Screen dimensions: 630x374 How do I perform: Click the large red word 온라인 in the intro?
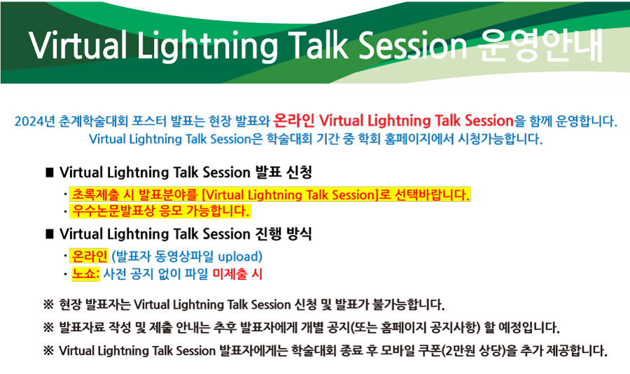coord(294,120)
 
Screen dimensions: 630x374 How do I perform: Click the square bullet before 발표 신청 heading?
coord(50,172)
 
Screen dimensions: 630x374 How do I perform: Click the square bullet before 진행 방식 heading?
coord(50,234)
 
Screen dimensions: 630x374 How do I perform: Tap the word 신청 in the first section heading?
coord(299,172)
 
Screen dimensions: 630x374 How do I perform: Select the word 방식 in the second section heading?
coord(299,234)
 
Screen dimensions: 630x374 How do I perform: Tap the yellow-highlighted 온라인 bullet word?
coord(89,256)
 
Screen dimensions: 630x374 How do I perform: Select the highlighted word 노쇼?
coord(85,274)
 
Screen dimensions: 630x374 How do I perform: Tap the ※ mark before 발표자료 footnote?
coord(48,328)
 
